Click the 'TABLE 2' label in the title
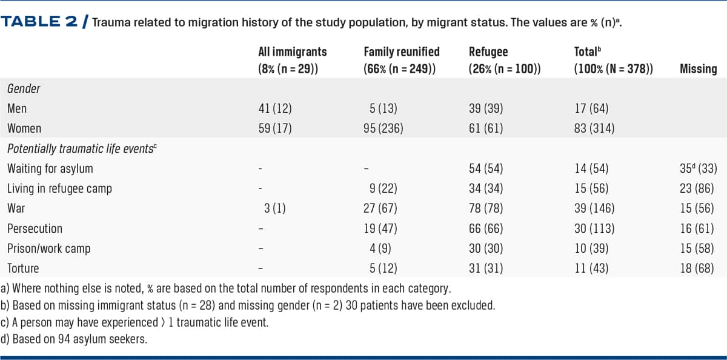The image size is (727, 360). click(40, 22)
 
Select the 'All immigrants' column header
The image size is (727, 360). click(292, 52)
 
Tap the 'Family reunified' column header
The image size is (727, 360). click(401, 52)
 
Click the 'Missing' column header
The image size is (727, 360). click(698, 68)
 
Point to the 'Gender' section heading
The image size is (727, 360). click(24, 89)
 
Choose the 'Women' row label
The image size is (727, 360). click(24, 128)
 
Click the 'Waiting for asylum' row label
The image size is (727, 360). click(50, 168)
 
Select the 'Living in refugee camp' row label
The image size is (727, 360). click(59, 188)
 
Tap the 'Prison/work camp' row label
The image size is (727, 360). click(49, 247)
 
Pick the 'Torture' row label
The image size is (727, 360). click(23, 267)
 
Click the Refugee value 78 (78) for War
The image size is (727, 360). click(486, 208)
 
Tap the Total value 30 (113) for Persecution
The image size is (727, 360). click(594, 228)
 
